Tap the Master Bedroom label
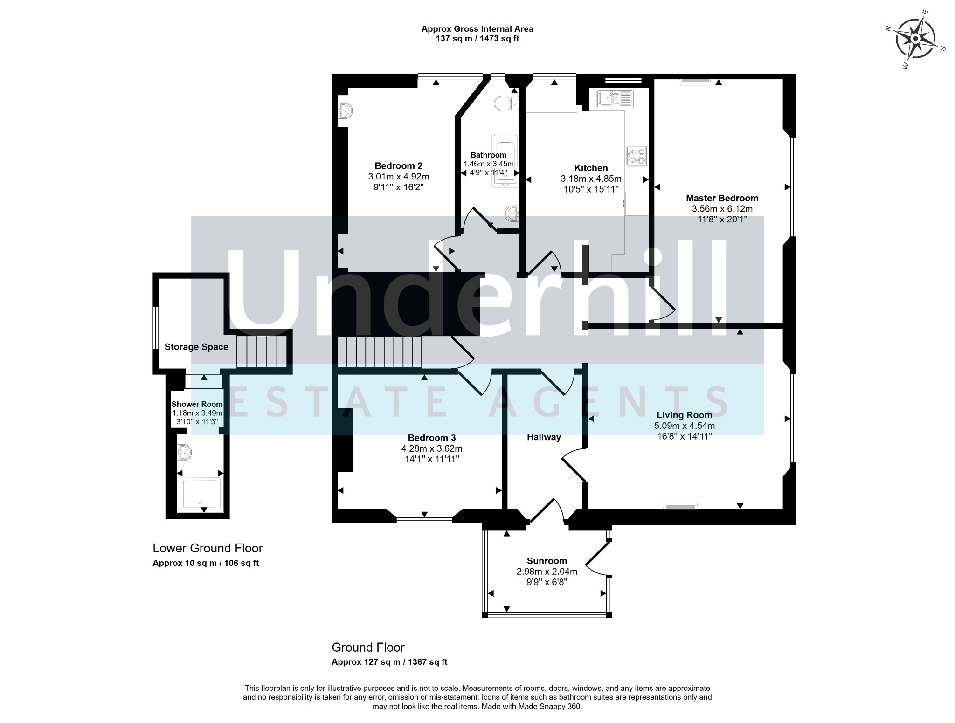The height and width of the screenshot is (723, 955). coord(722,198)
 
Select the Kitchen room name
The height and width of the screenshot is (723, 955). coord(591,168)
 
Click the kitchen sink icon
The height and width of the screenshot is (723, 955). coord(615,98)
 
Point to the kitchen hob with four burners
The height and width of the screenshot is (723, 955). coord(637,157)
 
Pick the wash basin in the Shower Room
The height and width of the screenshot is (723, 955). coord(185,452)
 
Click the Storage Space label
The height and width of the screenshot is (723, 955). coord(196,347)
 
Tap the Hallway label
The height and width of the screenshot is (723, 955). coord(544,437)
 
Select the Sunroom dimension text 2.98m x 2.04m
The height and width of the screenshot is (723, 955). coord(547,572)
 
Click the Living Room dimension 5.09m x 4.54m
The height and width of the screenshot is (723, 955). coord(685,426)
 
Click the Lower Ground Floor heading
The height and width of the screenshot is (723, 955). coord(208,548)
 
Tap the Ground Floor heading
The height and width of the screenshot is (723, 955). coord(368,647)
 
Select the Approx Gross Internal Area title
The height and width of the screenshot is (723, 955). coord(477,29)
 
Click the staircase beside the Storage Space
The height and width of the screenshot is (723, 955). coord(262,351)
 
